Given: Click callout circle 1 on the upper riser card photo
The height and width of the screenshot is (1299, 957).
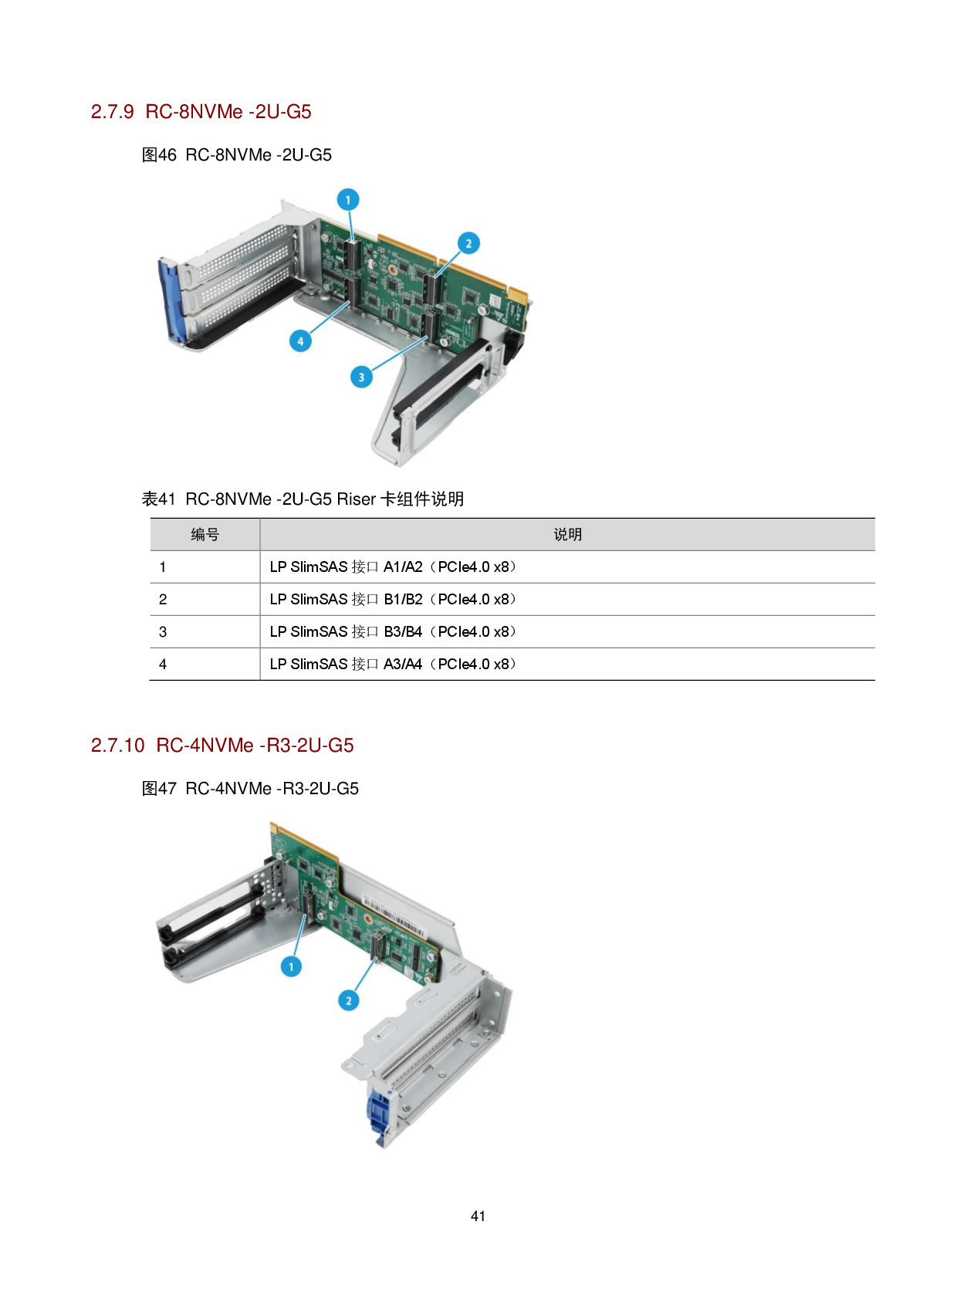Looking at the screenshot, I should [x=348, y=200].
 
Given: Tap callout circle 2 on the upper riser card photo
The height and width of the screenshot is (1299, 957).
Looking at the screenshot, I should [x=468, y=243].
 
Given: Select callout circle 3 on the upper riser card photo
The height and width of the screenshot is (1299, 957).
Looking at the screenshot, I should [x=361, y=377].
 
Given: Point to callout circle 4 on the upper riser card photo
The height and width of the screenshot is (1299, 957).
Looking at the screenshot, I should [x=300, y=340].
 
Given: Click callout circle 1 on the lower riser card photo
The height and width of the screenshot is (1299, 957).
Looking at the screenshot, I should [x=291, y=966].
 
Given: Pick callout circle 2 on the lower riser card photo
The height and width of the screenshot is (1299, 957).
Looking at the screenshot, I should [x=348, y=1000].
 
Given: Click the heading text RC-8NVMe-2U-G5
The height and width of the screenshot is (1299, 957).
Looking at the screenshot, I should [x=228, y=112].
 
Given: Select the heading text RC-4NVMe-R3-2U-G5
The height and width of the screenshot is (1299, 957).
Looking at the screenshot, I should [x=255, y=746].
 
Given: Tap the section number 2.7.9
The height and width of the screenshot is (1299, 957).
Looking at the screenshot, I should [x=113, y=112].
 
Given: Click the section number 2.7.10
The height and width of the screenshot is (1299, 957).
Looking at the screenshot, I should [x=118, y=746].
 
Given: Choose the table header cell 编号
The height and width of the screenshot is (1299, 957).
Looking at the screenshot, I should [x=205, y=534].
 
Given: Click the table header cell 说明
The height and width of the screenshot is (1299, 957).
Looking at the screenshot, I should [x=567, y=534].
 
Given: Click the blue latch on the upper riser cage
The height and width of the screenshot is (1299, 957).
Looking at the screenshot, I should [x=169, y=301].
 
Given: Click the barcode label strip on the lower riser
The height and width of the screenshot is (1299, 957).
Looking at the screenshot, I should [x=401, y=919].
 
